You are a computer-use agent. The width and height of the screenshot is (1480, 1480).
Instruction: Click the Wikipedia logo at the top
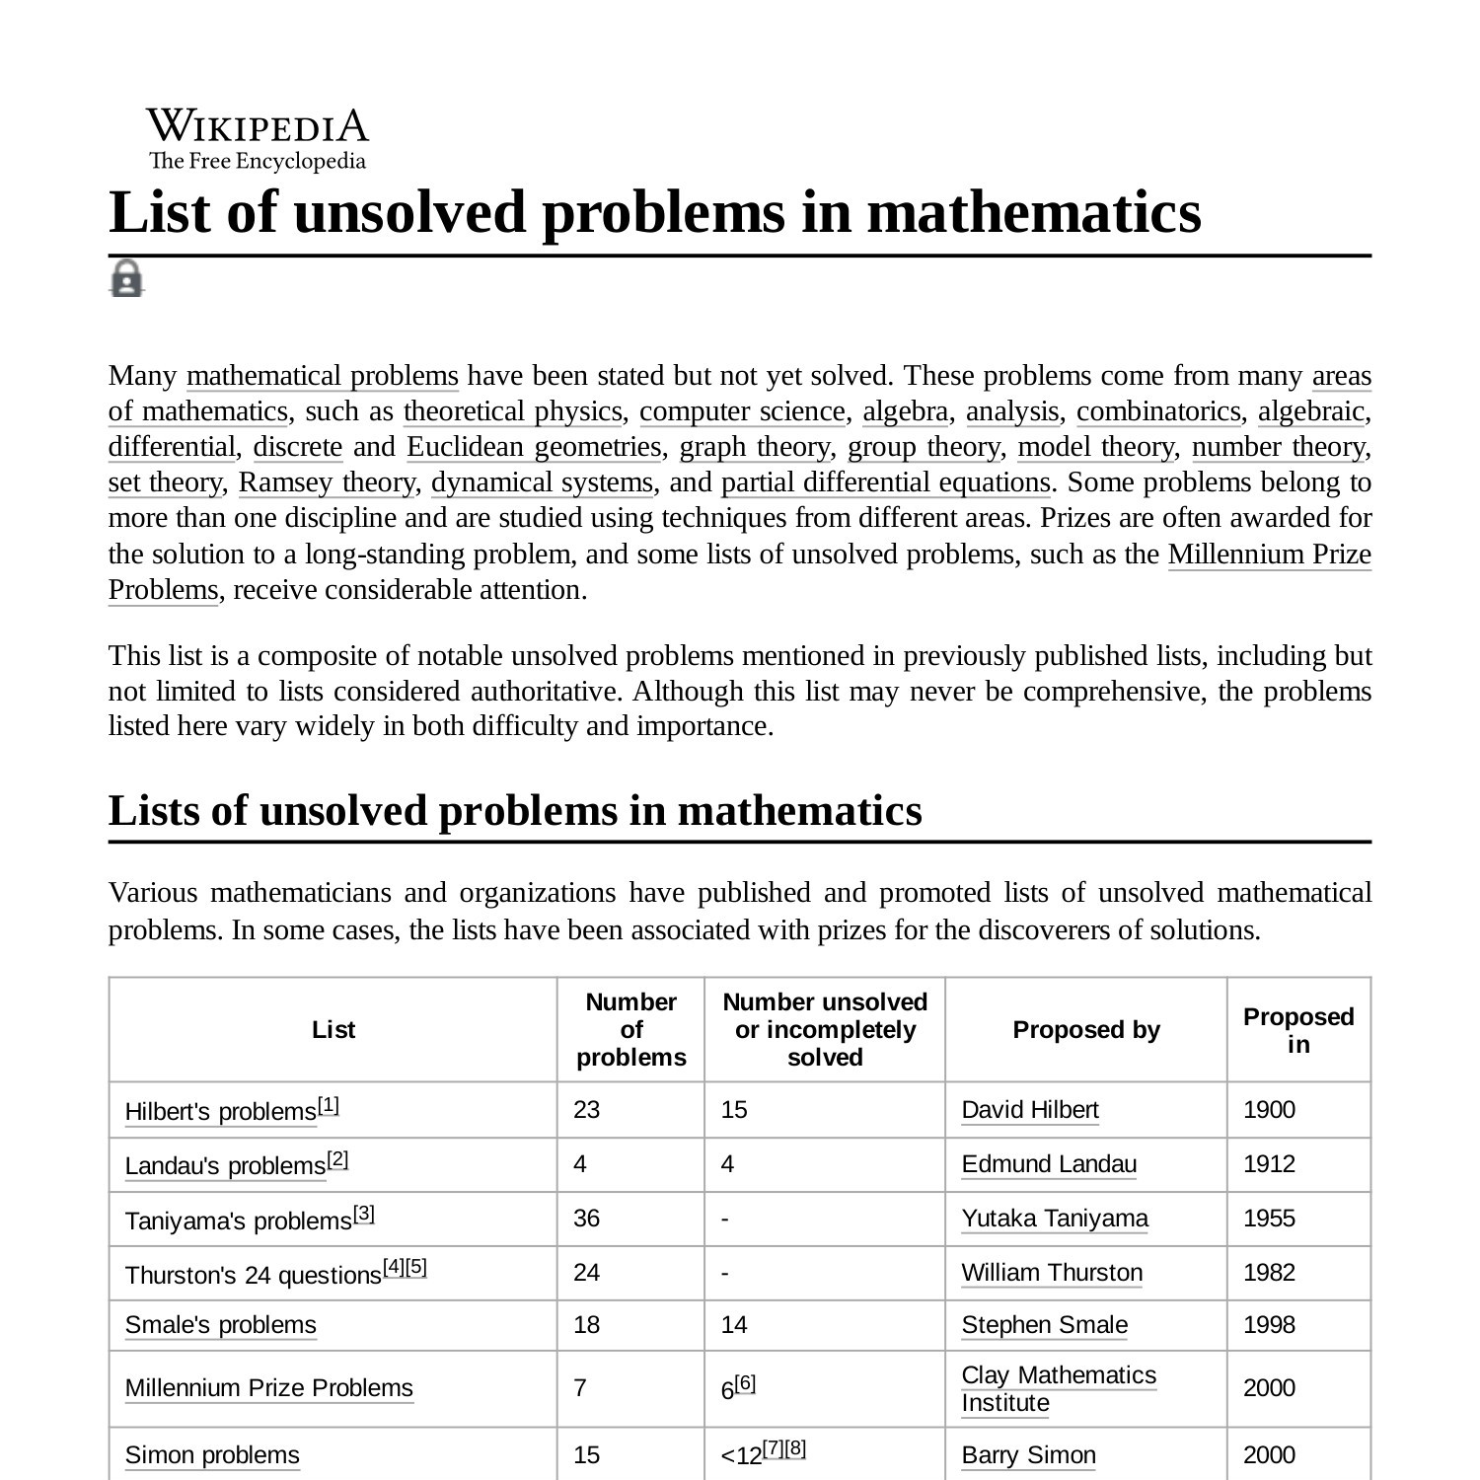(258, 139)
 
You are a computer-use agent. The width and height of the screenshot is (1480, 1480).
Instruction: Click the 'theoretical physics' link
(512, 411)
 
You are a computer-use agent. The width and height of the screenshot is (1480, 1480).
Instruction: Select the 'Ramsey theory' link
(327, 482)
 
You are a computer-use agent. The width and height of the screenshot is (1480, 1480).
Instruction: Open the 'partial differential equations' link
(885, 482)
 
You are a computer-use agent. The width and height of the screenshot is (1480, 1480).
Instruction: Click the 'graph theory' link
(755, 447)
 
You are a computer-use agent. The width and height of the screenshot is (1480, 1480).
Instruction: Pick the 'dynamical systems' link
(542, 482)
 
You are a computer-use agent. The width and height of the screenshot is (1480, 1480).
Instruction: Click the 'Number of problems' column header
(630, 1029)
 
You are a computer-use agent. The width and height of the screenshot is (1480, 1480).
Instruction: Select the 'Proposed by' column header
(1085, 1029)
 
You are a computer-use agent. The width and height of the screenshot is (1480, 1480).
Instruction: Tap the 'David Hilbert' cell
(1030, 1110)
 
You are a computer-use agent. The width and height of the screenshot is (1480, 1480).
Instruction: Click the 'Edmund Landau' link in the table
(1049, 1164)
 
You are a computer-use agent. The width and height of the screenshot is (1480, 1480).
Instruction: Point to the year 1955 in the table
(1269, 1219)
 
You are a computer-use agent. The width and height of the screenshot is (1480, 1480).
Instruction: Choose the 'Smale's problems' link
(220, 1325)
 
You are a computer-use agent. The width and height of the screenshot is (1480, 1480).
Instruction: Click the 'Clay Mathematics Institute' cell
(1059, 1388)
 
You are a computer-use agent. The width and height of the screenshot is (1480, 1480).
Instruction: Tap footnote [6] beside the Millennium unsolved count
(745, 1383)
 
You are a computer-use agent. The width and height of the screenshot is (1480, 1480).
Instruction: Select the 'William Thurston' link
(1052, 1273)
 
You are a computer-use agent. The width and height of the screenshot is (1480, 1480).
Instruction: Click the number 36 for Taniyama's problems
(586, 1219)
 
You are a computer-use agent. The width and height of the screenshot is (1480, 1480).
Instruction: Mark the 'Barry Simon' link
(1028, 1455)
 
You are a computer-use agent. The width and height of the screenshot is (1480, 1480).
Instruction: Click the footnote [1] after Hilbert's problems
(329, 1105)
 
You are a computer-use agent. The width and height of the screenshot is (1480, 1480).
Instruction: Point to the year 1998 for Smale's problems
(1269, 1325)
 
